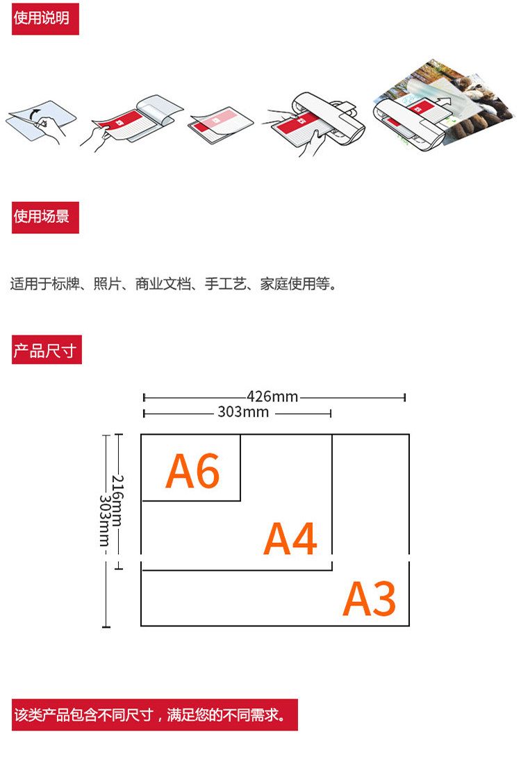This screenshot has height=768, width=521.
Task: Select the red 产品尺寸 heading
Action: click(x=47, y=350)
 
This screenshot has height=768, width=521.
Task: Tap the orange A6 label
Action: click(x=192, y=471)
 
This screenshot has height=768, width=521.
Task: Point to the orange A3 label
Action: click(x=370, y=599)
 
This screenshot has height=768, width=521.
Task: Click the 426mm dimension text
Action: click(x=272, y=397)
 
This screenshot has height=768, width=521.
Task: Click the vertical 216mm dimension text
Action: click(x=118, y=501)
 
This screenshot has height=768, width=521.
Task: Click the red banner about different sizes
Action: click(x=154, y=715)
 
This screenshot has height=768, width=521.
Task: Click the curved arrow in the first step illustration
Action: click(x=35, y=111)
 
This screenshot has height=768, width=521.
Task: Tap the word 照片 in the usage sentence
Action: click(x=107, y=284)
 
